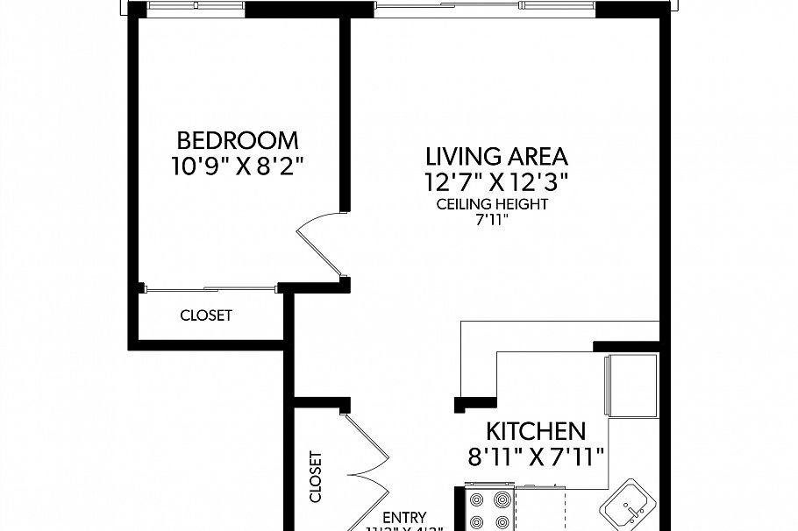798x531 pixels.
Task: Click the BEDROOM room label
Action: [x=238, y=140]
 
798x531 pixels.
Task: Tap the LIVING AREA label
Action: [x=496, y=157]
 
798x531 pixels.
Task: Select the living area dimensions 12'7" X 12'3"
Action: [x=496, y=182]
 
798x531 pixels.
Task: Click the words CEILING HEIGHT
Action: [x=492, y=204]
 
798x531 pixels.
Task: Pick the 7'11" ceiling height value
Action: [x=492, y=220]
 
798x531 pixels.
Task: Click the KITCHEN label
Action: [x=536, y=431]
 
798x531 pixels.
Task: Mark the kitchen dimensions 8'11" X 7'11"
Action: [x=536, y=457]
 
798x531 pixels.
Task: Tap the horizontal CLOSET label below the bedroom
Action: [x=206, y=315]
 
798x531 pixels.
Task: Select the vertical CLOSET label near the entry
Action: [x=316, y=477]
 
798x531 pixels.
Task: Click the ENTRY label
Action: [x=404, y=518]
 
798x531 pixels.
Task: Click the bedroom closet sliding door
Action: [x=210, y=287]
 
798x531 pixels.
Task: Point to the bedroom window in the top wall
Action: [x=196, y=9]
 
